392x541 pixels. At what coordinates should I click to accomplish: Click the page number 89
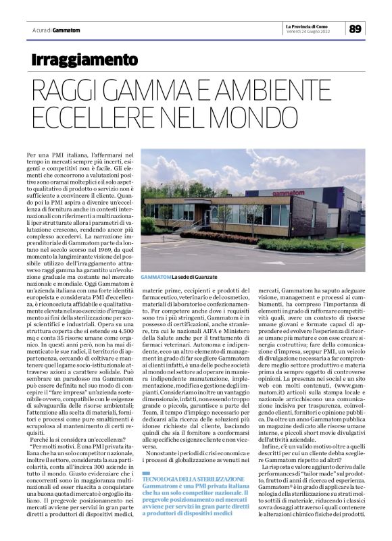356,28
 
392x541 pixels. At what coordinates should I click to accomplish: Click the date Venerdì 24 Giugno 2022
308,31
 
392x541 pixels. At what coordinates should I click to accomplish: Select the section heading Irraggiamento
84,59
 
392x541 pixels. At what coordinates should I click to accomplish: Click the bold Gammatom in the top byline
66,31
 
